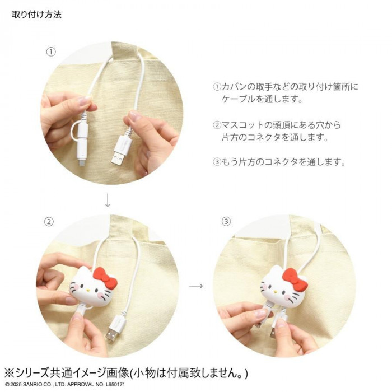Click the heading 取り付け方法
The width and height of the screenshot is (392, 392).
tap(36, 15)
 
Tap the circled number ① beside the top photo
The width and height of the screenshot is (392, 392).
tap(51, 52)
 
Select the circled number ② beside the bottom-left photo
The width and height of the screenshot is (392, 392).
tap(49, 222)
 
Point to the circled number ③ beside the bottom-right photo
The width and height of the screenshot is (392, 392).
tap(226, 222)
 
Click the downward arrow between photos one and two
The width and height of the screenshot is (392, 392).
tap(108, 200)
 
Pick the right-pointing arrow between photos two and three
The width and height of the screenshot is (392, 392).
tap(196, 286)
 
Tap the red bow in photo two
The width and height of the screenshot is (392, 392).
tap(105, 277)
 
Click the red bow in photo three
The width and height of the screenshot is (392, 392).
tap(295, 279)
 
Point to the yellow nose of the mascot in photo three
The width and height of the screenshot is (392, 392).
tap(276, 292)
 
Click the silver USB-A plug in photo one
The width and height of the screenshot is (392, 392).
tap(118, 158)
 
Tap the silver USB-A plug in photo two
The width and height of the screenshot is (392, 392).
tap(112, 335)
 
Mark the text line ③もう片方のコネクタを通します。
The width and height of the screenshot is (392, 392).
tap(279, 162)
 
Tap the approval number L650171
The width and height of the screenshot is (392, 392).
tap(115, 384)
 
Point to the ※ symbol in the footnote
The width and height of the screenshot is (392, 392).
tap(10, 373)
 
